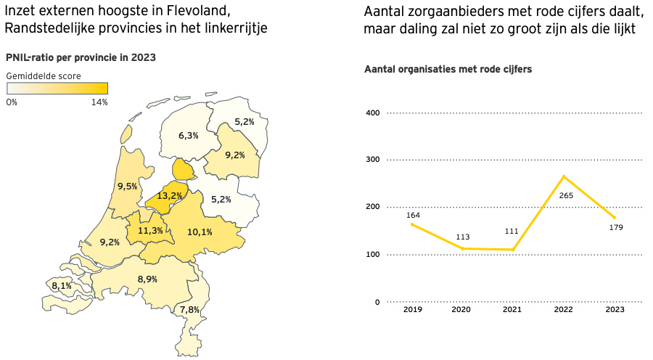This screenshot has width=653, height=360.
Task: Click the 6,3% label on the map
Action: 189,135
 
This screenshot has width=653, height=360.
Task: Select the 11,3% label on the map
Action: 150,231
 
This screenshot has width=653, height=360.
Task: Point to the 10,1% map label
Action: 200,232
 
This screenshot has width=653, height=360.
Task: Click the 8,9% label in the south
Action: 147,279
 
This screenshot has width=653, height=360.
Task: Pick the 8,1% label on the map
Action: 62,286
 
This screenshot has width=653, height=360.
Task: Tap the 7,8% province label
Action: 189,309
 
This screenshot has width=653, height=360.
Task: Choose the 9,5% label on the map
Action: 128,187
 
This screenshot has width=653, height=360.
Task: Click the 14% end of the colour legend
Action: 99,102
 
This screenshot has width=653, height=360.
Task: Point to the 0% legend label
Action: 12,102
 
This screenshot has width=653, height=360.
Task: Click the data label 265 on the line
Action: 567,195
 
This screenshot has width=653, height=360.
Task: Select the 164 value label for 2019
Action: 413,215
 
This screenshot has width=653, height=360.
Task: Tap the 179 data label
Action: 617,227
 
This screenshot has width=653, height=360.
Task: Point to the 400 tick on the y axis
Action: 372,112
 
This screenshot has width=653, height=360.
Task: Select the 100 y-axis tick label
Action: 372,255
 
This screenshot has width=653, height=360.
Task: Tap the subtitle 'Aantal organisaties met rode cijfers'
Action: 448,69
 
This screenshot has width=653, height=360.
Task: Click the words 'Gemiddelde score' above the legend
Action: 44,75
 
